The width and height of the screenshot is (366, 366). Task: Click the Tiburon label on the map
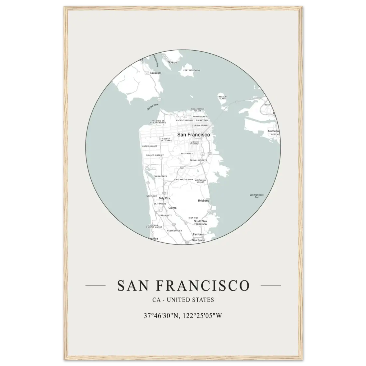tap(172, 62)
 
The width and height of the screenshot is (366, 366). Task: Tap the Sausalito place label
tap(155, 72)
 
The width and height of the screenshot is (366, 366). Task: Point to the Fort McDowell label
tap(192, 70)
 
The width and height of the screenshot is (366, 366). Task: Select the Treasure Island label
tap(222, 98)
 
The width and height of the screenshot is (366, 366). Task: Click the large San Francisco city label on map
tap(194, 134)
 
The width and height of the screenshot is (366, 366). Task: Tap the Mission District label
tap(195, 143)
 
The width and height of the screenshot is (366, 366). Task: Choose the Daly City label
tap(164, 198)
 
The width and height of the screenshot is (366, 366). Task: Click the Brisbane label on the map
tap(204, 201)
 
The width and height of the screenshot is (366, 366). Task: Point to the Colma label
tap(172, 208)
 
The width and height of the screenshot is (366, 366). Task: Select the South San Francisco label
tap(200, 223)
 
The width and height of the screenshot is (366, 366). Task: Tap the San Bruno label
tap(199, 240)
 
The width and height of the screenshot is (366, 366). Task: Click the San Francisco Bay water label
tap(257, 196)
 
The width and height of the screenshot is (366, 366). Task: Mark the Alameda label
tap(273, 131)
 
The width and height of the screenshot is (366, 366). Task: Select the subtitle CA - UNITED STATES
tap(183, 300)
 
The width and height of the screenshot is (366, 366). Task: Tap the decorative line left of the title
tap(95, 285)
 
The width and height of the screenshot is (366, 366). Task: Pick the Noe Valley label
tap(187, 153)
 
